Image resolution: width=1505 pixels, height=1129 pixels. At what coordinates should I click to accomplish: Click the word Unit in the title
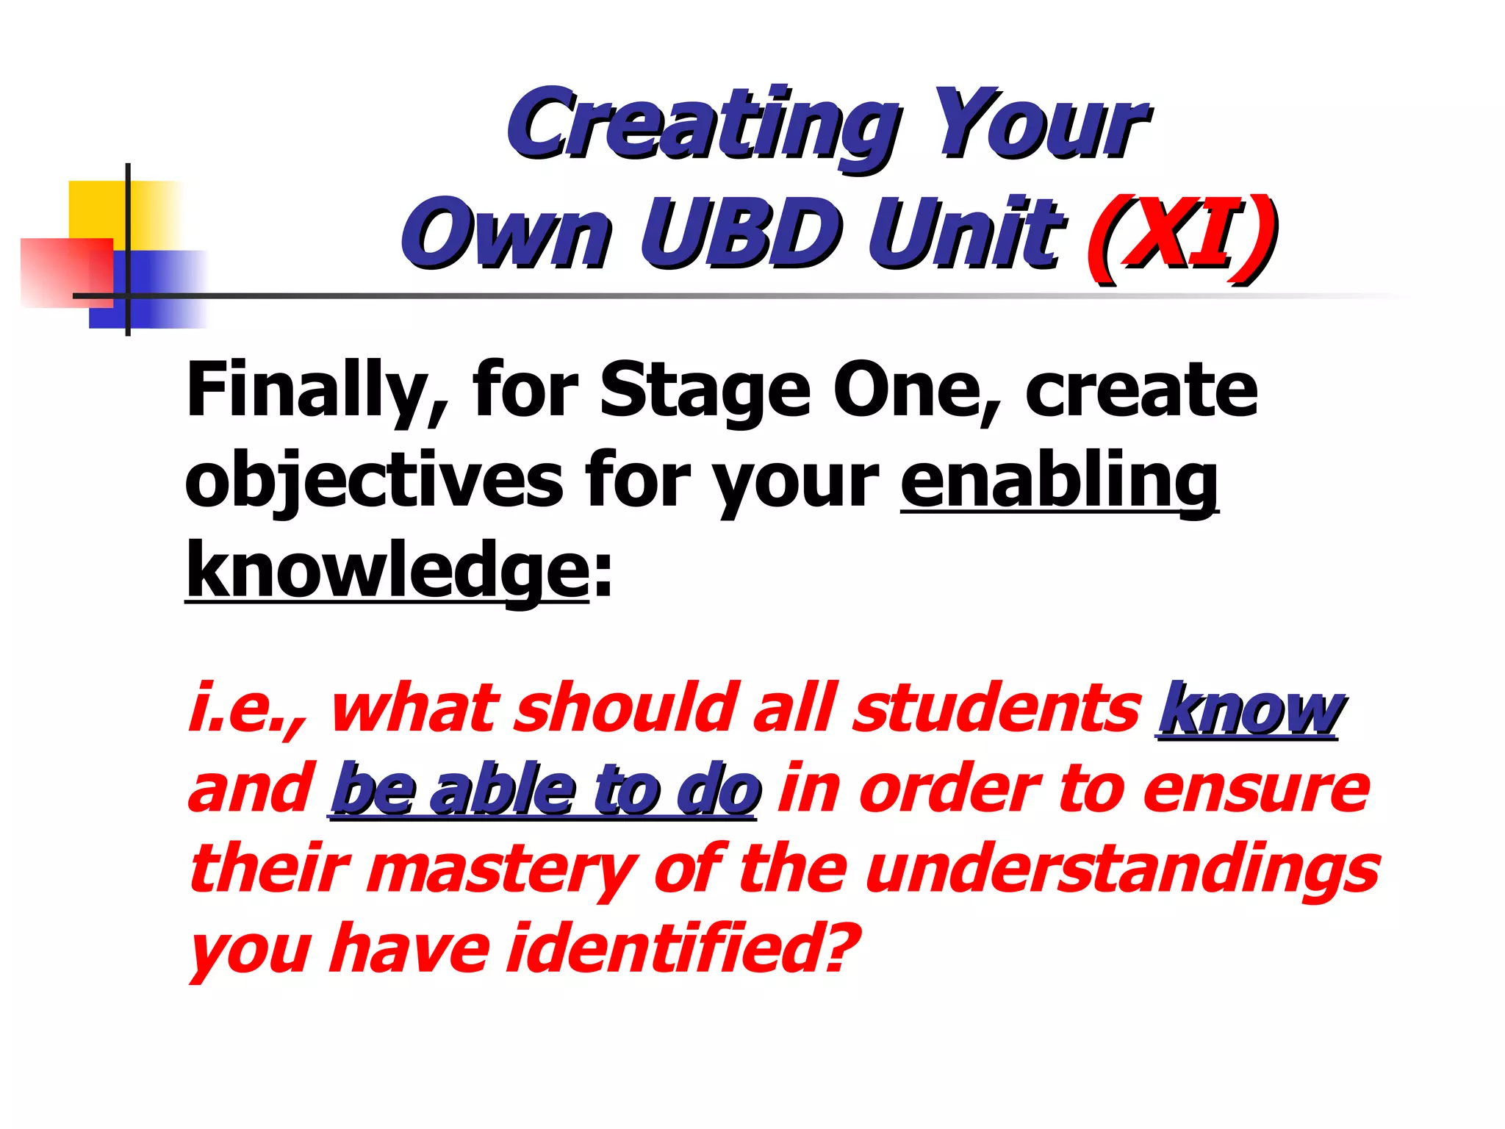pyautogui.click(x=965, y=234)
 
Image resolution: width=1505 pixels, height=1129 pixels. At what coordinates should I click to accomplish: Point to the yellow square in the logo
pyautogui.click(x=99, y=209)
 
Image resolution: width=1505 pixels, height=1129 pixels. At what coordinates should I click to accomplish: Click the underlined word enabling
pyautogui.click(x=1059, y=481)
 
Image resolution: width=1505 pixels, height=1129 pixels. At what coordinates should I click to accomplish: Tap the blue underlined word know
pyautogui.click(x=1249, y=709)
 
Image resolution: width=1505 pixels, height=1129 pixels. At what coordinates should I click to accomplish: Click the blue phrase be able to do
pyautogui.click(x=544, y=790)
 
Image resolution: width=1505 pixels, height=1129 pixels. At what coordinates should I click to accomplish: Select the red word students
pyautogui.click(x=996, y=709)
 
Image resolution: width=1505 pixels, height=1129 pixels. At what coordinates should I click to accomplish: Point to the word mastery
pyautogui.click(x=507, y=871)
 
